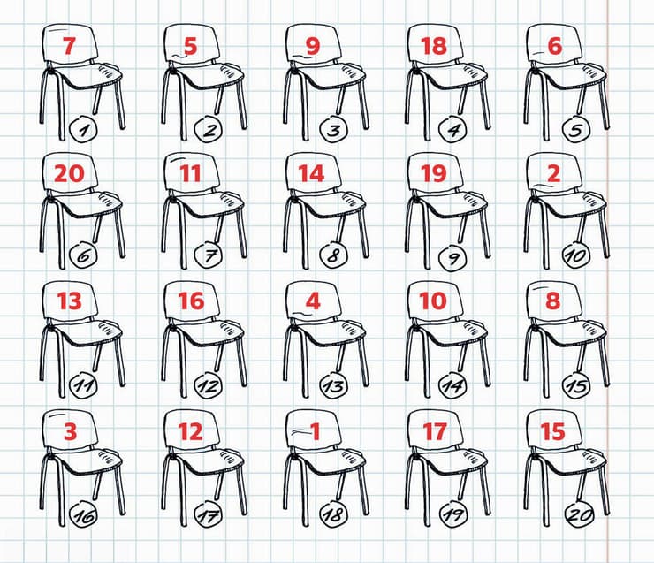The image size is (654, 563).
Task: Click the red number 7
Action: (x=69, y=46)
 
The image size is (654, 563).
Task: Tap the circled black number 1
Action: (x=83, y=130)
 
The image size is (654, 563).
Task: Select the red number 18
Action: (x=434, y=46)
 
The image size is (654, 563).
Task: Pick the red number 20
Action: (x=69, y=173)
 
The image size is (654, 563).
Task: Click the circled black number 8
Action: (x=334, y=255)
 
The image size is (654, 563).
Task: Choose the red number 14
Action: (x=312, y=173)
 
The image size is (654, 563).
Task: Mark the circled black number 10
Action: (x=577, y=255)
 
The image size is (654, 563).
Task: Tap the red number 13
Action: (x=69, y=301)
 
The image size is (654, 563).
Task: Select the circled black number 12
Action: (x=208, y=386)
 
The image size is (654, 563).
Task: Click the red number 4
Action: (x=313, y=301)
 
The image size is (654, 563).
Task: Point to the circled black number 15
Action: (x=577, y=384)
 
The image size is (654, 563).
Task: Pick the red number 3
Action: (x=70, y=431)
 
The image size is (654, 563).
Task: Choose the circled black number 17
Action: (x=208, y=516)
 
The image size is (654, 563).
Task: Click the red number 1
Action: (x=315, y=431)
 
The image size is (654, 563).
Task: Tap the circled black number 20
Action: (x=579, y=514)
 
